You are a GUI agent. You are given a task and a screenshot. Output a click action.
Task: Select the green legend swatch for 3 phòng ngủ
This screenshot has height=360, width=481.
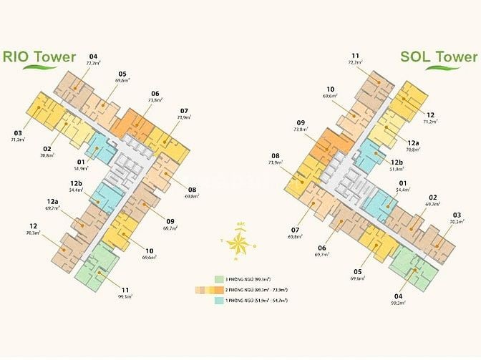220,279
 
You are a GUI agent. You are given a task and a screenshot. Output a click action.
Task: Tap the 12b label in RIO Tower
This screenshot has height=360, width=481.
74,185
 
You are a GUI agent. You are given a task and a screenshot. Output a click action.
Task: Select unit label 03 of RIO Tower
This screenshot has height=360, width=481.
17,132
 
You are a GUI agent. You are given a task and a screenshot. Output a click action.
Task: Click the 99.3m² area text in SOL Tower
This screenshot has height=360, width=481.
398,304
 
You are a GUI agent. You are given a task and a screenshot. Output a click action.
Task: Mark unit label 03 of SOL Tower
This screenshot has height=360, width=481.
457,215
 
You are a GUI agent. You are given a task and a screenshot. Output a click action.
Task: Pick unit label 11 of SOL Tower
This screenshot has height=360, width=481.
355,56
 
